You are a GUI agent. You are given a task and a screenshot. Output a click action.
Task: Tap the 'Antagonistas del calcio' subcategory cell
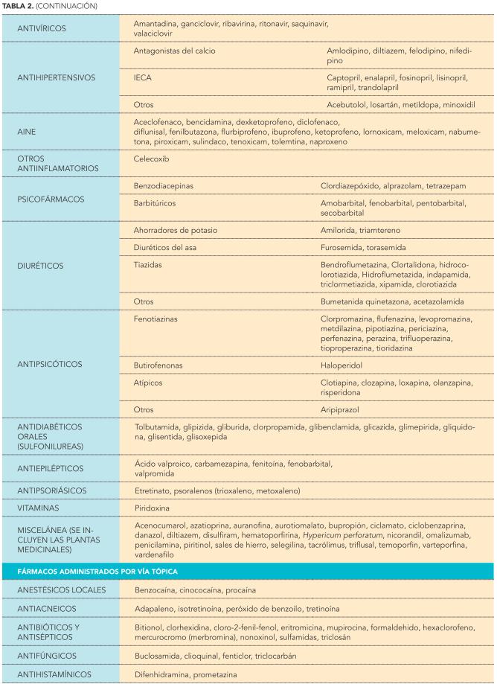pyautogui.click(x=179, y=50)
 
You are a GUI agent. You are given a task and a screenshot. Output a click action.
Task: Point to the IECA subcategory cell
pyautogui.click(x=143, y=77)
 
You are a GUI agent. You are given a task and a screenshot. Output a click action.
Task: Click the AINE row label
pyautogui.click(x=29, y=131)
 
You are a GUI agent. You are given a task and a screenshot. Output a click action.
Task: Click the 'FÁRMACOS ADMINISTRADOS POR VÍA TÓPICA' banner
pyautogui.click(x=105, y=571)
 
